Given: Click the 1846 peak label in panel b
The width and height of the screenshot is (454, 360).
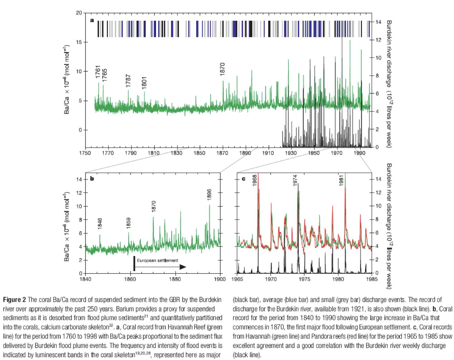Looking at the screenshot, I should tap(100, 224).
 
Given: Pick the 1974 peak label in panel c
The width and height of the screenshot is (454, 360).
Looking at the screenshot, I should tap(295, 181).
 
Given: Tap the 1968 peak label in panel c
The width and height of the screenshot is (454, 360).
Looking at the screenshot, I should tap(255, 181).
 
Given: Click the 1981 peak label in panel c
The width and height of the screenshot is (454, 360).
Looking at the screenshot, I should tap(341, 181).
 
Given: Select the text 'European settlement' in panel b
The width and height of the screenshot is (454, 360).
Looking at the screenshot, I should tap(158, 261).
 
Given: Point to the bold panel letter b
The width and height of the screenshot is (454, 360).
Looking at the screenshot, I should tap(92, 179).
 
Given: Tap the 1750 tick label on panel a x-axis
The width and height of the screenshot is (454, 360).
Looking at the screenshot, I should tap(85, 153).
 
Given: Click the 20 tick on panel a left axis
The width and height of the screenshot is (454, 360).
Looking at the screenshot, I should tap(79, 13).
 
